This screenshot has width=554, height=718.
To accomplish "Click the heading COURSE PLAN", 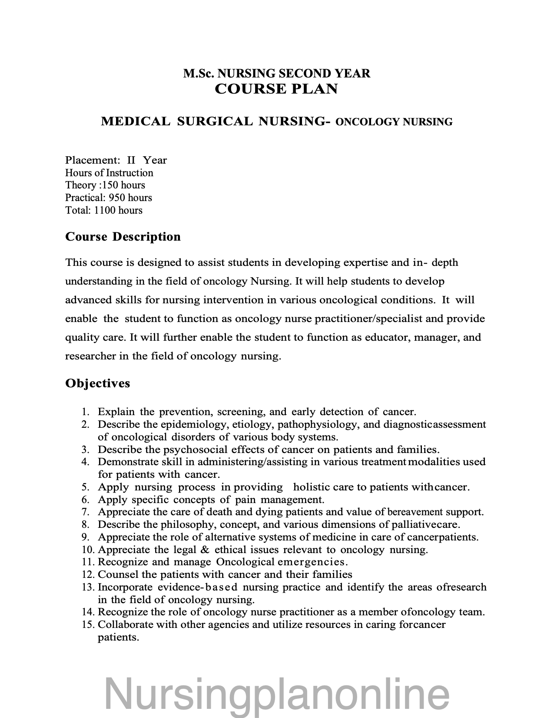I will click(x=276, y=89).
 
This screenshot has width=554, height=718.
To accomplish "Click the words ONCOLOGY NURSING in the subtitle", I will click(x=394, y=122).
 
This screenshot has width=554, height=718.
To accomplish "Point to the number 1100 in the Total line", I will click(x=105, y=211).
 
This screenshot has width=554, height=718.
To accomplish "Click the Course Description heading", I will click(x=123, y=237).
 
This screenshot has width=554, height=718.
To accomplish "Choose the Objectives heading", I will click(x=97, y=383).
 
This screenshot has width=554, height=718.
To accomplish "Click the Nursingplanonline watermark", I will click(x=277, y=693).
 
